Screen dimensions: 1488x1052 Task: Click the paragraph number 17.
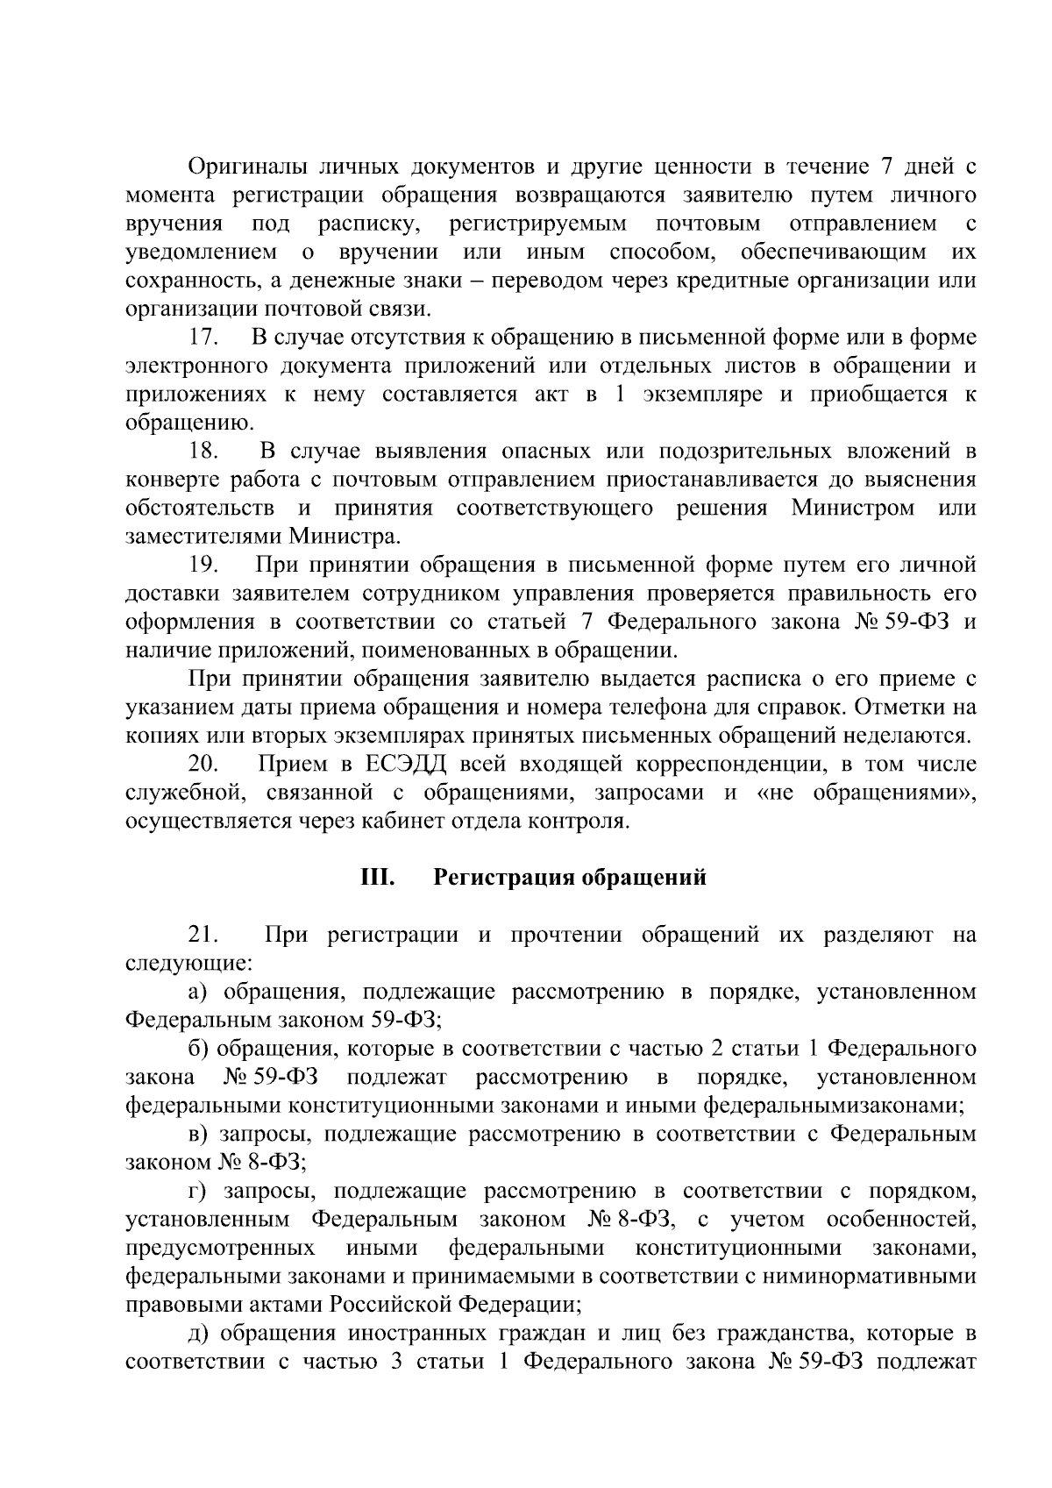203,338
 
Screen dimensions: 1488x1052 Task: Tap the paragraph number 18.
203,452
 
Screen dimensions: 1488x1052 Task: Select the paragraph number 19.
203,566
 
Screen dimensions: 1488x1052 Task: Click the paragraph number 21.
203,936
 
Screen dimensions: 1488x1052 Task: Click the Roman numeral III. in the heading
378,878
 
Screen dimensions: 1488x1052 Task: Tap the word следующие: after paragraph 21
188,964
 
